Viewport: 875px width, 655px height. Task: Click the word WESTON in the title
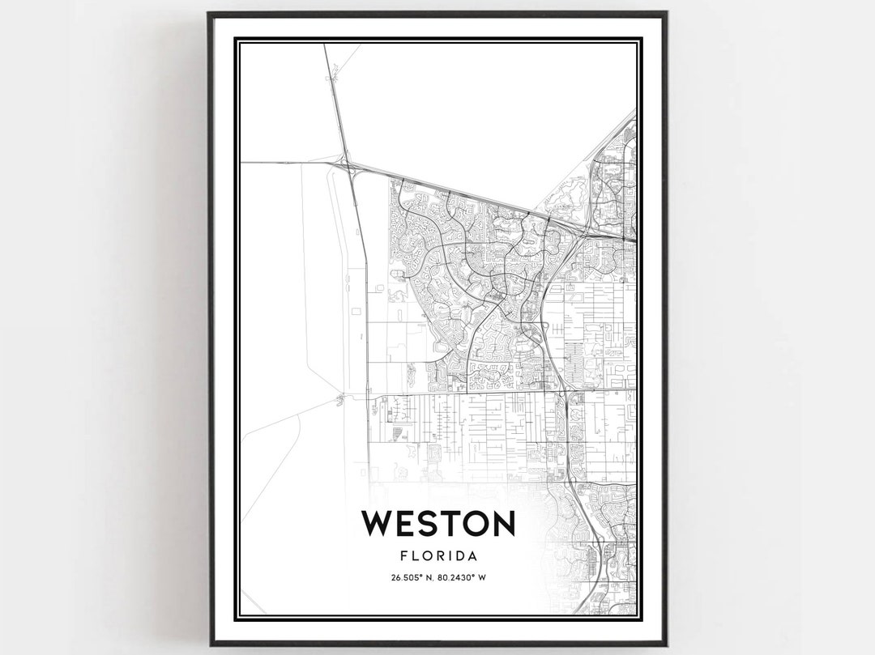tap(438, 524)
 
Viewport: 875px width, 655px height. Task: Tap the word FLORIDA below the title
tap(438, 556)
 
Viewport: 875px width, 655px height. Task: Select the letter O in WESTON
tap(472, 524)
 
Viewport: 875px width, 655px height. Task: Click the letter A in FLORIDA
tap(471, 556)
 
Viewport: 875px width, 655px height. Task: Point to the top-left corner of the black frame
tap(209, 13)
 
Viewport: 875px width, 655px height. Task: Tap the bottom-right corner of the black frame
tap(666, 644)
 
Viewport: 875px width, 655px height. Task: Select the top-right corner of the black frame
tap(666, 13)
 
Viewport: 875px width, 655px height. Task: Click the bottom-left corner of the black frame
tap(209, 644)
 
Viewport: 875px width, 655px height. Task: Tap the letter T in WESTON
tap(446, 524)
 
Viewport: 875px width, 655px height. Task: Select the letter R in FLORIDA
tap(438, 556)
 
